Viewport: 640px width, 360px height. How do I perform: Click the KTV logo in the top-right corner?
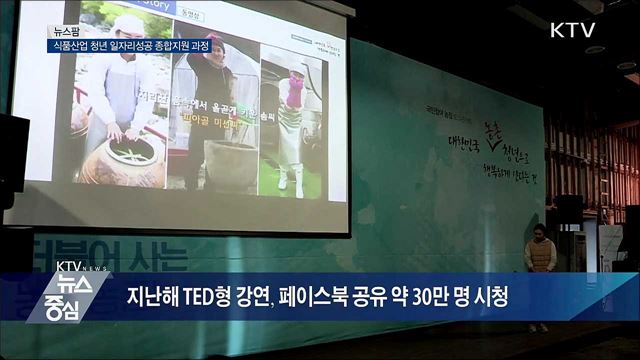(572, 30)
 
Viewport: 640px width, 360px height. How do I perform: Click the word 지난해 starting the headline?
(148, 298)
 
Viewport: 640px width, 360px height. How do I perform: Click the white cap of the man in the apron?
(129, 24)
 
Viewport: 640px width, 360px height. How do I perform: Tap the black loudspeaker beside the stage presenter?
(568, 209)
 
